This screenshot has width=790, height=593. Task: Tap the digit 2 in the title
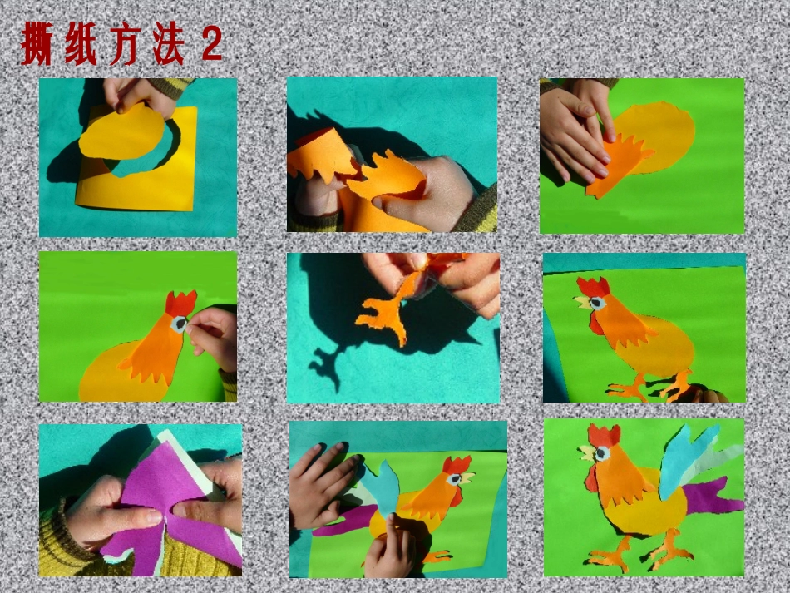[x=211, y=47]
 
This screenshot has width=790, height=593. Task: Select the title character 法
[x=166, y=47]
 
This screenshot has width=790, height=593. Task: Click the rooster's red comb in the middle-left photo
[x=180, y=303]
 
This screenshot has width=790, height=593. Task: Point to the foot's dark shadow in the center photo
[x=328, y=366]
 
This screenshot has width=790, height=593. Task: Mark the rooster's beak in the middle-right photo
[x=580, y=301]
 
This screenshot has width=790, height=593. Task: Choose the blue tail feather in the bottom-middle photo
[x=383, y=487]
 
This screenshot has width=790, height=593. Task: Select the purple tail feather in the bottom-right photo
[x=711, y=499]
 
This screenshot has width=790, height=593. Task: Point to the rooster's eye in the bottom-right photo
[x=602, y=454]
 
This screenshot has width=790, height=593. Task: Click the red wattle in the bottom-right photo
[x=592, y=477]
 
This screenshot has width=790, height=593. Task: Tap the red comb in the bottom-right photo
[x=605, y=435]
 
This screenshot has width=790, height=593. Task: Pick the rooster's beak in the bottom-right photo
[x=587, y=453]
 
